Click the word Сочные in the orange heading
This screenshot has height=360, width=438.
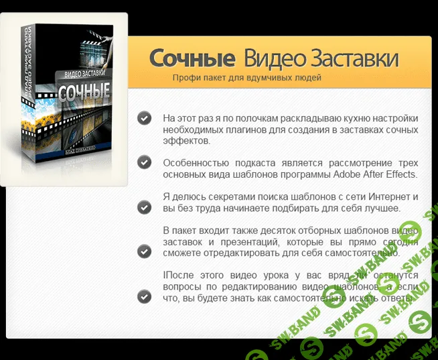click(x=192, y=59)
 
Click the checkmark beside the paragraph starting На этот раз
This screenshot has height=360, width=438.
click(x=144, y=118)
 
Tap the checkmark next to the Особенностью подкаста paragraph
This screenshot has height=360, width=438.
click(x=144, y=162)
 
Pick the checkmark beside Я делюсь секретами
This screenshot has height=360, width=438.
click(x=144, y=207)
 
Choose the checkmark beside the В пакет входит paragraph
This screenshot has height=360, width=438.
click(x=144, y=251)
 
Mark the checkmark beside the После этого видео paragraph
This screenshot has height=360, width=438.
click(x=144, y=296)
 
